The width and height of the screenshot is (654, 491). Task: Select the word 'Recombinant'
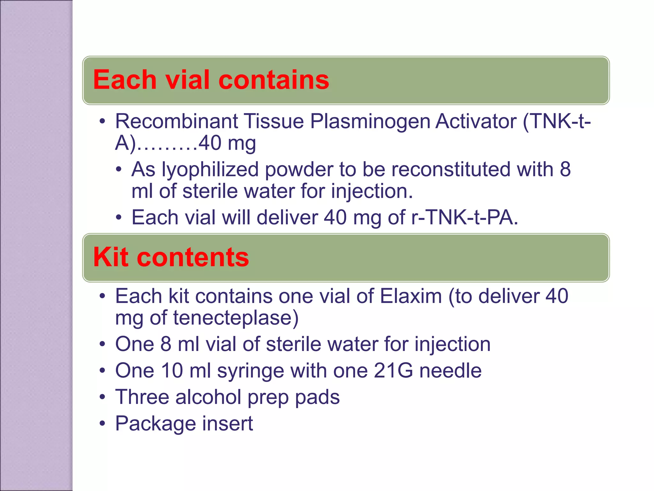click(177, 121)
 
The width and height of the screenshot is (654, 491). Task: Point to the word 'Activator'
click(476, 121)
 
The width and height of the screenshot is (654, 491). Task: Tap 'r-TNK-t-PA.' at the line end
click(465, 218)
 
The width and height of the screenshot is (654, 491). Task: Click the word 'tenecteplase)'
click(236, 318)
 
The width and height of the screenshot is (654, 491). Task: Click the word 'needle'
click(450, 371)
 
